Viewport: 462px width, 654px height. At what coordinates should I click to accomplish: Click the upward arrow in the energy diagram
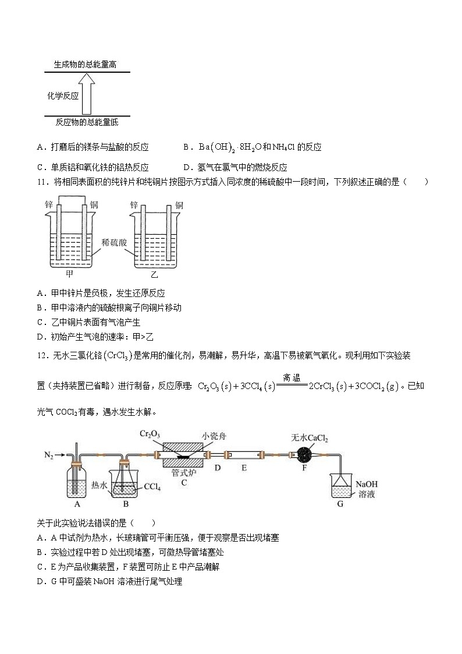(87, 96)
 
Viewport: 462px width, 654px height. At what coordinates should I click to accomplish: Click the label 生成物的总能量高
(85, 65)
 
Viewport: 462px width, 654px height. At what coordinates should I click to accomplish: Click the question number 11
(40, 182)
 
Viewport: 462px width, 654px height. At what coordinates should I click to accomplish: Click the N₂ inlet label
(48, 454)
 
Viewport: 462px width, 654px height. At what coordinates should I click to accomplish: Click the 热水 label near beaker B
(98, 484)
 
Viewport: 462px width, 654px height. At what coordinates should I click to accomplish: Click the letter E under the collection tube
(244, 466)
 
